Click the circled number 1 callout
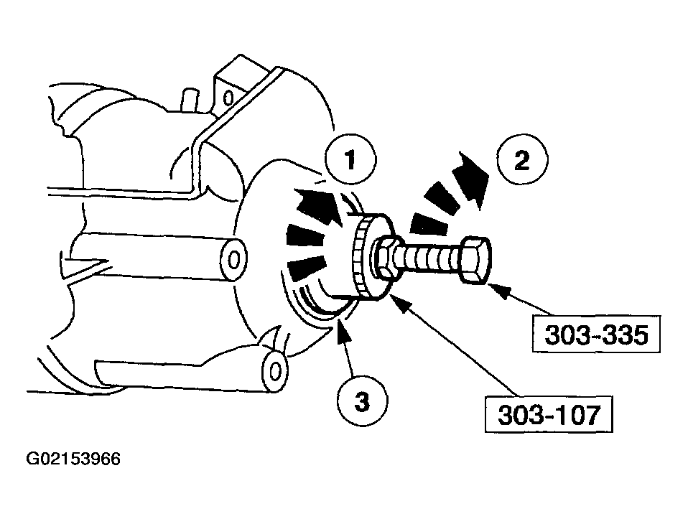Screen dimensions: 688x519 (350, 159)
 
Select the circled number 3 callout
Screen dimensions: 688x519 (362, 401)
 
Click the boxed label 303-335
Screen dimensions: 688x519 (596, 335)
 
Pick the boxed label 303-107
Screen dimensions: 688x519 (549, 415)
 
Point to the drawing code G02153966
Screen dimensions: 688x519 (73, 459)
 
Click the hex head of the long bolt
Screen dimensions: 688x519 (476, 260)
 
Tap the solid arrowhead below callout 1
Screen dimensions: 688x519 (318, 205)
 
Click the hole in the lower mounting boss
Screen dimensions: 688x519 (274, 372)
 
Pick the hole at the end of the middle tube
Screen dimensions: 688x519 (233, 260)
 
